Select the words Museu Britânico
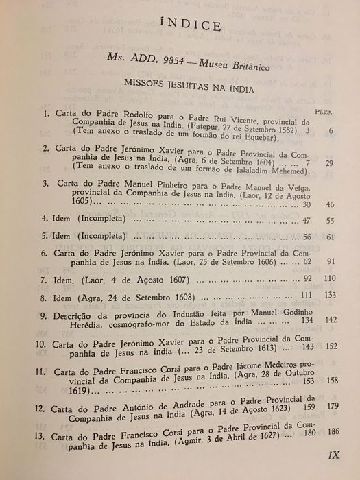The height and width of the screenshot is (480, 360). click(232, 65)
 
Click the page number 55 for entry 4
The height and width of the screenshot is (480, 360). click(330, 221)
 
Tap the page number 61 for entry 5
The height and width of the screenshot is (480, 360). click(330, 237)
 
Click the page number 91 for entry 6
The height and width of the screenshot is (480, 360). click(330, 263)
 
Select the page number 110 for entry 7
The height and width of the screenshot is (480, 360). click(330, 280)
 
